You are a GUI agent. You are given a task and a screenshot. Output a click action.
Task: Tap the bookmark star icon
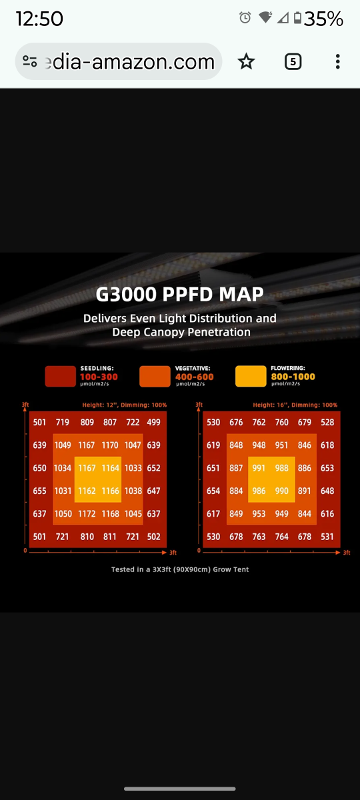point(246,61)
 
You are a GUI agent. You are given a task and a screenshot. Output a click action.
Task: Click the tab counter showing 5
point(293,61)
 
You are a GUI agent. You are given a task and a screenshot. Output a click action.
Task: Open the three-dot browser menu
point(337,61)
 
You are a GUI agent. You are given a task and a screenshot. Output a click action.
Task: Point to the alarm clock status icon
point(245,17)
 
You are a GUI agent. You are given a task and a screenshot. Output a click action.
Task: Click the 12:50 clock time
point(39,18)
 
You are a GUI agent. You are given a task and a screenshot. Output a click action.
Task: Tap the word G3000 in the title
point(126,294)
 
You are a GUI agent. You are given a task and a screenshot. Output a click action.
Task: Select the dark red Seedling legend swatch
point(61,376)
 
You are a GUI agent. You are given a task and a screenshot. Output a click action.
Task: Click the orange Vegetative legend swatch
point(155,376)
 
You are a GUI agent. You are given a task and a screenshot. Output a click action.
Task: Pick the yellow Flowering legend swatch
point(251,376)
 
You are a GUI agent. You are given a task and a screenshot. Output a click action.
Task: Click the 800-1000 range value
point(293,377)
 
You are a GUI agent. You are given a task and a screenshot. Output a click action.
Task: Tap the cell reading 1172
point(87,513)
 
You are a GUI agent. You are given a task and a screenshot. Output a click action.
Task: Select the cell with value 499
point(153,422)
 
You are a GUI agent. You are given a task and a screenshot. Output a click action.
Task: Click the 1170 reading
point(110,445)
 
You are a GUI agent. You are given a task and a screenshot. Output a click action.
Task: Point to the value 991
point(259,468)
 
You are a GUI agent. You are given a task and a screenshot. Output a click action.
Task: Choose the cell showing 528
point(327,422)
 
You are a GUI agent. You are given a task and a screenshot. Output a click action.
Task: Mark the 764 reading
point(282,537)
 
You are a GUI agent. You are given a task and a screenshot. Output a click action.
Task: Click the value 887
point(236,468)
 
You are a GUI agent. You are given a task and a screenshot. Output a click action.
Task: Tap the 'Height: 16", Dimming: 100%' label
point(295,405)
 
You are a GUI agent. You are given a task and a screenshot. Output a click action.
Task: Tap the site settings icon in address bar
point(29,61)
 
